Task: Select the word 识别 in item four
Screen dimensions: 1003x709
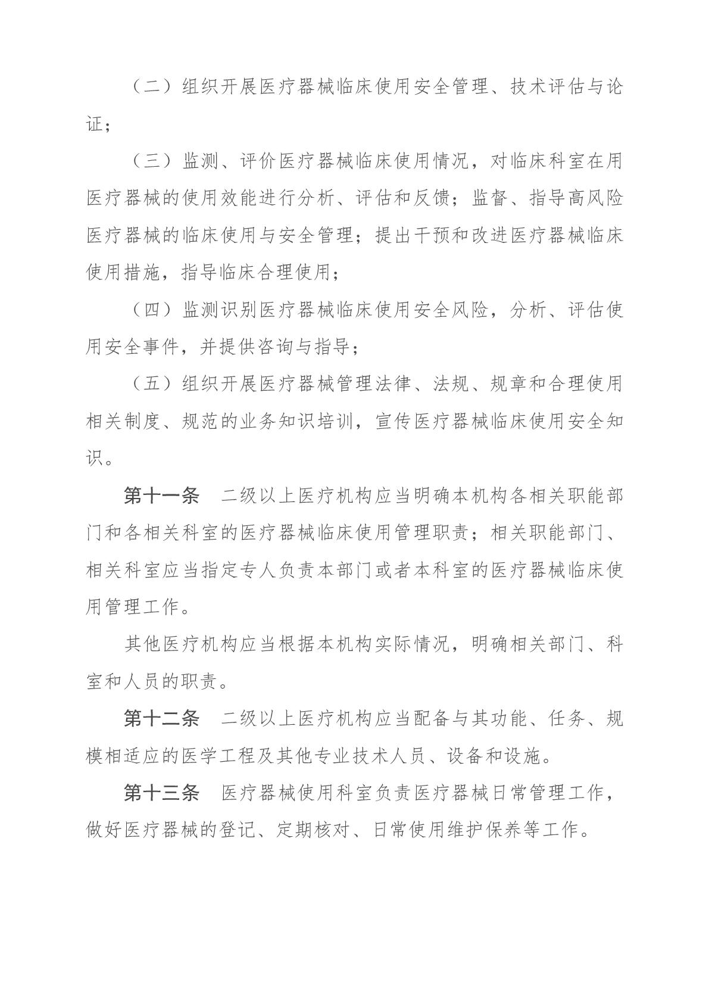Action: click(239, 310)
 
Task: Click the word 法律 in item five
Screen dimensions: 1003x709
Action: click(393, 385)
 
